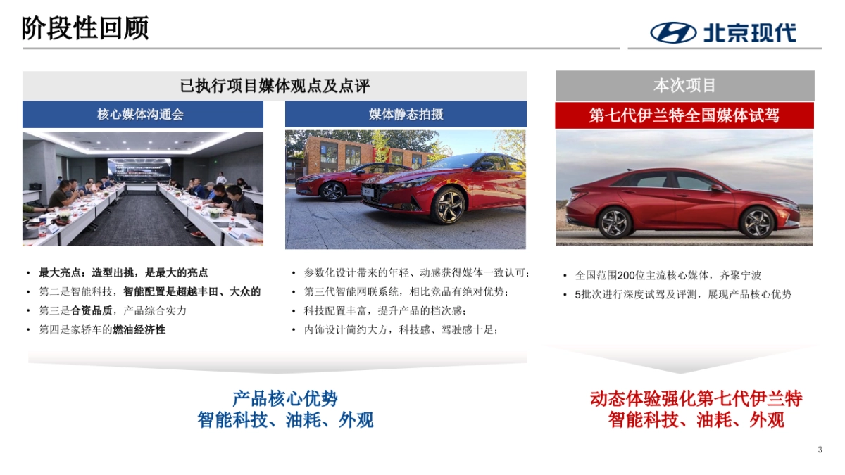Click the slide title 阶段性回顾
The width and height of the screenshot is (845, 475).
click(x=85, y=29)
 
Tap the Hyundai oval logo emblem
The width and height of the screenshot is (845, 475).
click(x=672, y=32)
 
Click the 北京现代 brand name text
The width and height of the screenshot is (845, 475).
click(x=749, y=32)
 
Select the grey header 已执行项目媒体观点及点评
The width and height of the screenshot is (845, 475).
click(x=275, y=86)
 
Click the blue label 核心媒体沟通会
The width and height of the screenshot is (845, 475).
click(x=142, y=114)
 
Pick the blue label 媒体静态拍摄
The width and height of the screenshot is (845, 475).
click(x=406, y=114)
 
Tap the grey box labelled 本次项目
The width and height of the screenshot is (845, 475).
click(x=684, y=86)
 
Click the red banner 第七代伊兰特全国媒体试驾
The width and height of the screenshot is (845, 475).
click(x=684, y=115)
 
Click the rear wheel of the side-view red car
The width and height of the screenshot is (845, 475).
click(x=615, y=222)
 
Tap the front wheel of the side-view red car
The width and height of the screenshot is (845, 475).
click(x=758, y=222)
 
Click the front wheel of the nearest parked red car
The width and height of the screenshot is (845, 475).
click(x=448, y=205)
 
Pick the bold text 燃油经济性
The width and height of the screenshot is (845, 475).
click(x=139, y=329)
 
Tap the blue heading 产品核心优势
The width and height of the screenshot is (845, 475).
click(x=285, y=399)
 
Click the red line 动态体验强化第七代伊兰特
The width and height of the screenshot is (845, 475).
click(x=696, y=399)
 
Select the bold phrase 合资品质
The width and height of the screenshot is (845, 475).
click(x=94, y=310)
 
